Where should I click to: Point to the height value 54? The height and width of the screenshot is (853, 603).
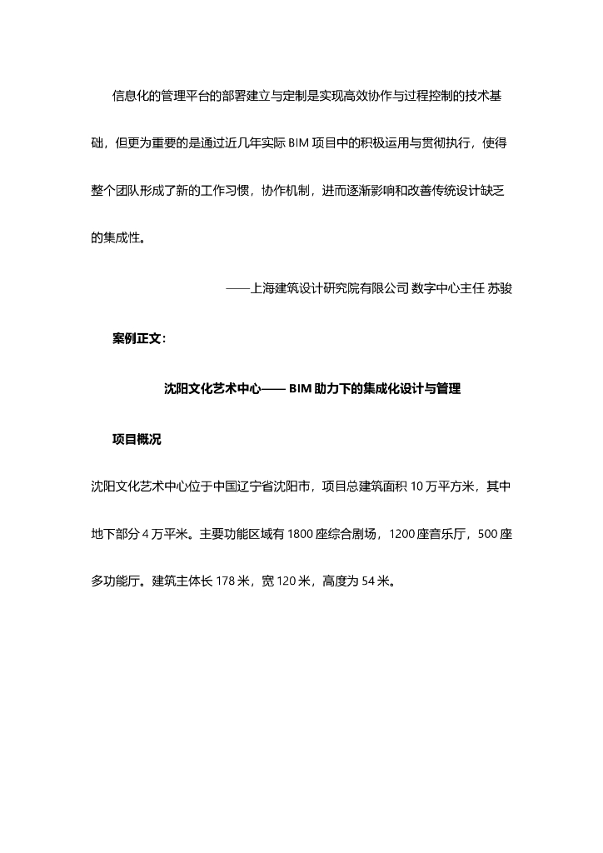coord(371,581)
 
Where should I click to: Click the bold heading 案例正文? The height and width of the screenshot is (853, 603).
coord(139,338)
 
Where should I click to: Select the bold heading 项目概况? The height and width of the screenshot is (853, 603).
coord(137,440)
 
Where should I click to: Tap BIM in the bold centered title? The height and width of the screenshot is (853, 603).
coord(301,389)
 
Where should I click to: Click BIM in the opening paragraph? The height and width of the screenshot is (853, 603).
coord(298,143)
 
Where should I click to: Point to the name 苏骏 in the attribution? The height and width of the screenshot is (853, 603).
coord(500,288)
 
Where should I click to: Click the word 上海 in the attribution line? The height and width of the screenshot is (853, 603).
coord(262,288)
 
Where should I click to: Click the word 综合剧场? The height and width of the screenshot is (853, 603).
coord(353,534)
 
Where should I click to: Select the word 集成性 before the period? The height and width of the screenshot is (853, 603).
coord(121,238)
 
